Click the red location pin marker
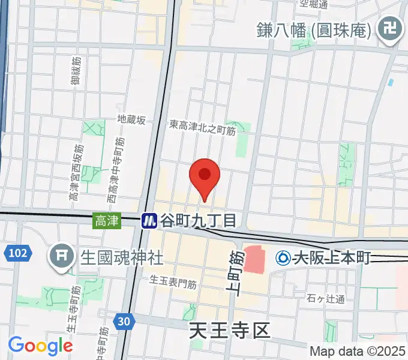pos(205,175)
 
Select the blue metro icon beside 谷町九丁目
pos(149,221)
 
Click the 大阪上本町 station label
pos(332,259)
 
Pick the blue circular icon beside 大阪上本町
pos(283,259)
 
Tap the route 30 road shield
pos(124,322)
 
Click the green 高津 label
pos(106,221)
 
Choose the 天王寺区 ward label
pos(230,330)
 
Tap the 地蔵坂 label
pos(131,120)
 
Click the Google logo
pos(40,346)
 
